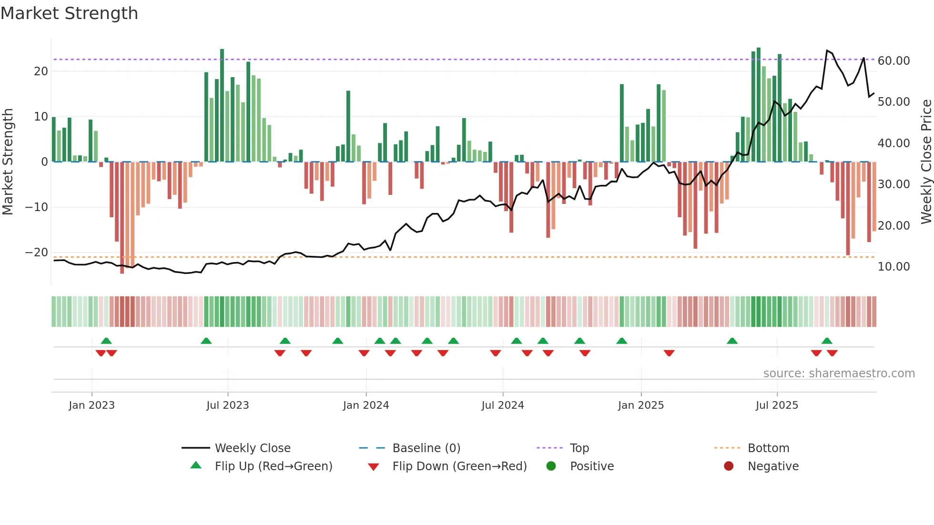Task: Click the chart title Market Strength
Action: click(69, 13)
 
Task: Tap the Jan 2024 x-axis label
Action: click(365, 405)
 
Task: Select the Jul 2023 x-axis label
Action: click(227, 405)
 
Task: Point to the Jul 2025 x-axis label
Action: click(776, 405)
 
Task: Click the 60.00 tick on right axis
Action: click(893, 61)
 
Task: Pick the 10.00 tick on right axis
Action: click(893, 267)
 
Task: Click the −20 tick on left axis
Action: click(37, 252)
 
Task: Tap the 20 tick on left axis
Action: click(41, 71)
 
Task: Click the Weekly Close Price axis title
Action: click(926, 162)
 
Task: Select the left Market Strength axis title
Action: click(8, 162)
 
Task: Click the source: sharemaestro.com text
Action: click(839, 374)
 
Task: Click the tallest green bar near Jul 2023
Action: click(222, 105)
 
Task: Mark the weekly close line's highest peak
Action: click(827, 50)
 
